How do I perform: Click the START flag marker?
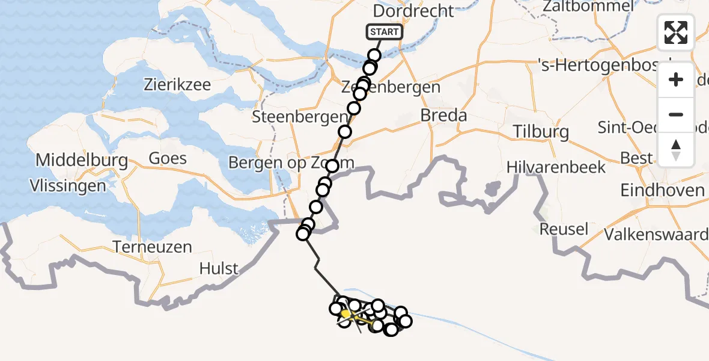coord(383,32)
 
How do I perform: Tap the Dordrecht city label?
coord(413,11)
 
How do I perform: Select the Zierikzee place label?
coord(177,84)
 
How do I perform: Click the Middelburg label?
coord(82,160)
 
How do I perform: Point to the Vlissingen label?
coord(68,185)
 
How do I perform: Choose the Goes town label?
coord(168,159)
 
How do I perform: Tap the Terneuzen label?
coord(152,246)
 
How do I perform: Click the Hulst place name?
coord(219,268)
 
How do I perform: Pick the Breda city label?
coord(443,115)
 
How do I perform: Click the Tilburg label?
coord(541,132)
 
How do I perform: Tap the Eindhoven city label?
coord(663,190)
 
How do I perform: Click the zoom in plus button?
coord(676,80)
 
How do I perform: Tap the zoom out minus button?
coord(676,114)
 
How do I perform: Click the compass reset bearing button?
coord(676,149)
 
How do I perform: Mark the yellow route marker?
coord(347,313)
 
